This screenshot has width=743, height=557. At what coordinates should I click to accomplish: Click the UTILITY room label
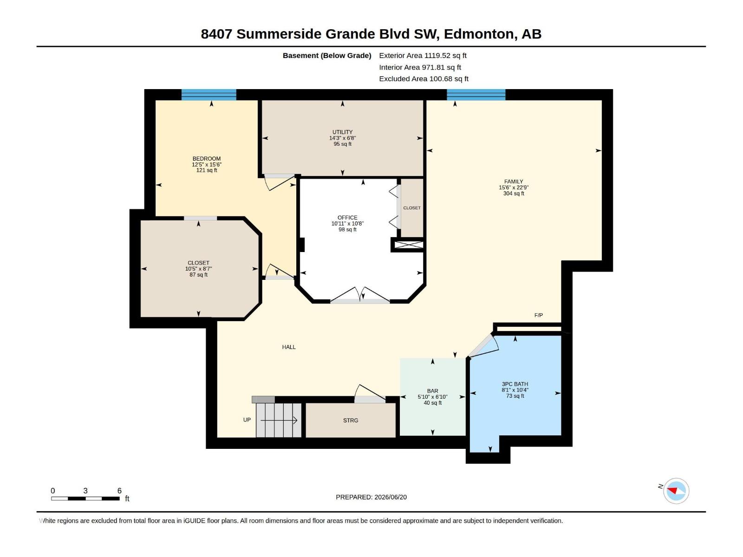[342, 132]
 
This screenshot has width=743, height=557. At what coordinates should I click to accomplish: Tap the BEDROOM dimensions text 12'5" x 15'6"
[207, 164]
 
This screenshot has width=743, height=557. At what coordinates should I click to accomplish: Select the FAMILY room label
[514, 181]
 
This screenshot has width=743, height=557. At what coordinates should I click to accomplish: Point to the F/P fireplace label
[539, 315]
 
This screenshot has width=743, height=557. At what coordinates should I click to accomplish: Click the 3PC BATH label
[515, 384]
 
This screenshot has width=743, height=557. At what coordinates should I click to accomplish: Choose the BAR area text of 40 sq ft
[433, 403]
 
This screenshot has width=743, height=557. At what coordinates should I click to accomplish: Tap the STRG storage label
[350, 421]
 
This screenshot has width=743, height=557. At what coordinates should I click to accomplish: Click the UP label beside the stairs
[247, 420]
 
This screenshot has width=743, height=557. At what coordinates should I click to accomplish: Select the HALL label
[289, 347]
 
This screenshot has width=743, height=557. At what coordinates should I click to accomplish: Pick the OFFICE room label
[347, 217]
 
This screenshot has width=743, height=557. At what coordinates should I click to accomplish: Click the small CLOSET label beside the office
[412, 207]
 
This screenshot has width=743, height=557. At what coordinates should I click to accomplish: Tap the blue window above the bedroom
[209, 95]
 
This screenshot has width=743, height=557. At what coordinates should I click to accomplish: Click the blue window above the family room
[476, 95]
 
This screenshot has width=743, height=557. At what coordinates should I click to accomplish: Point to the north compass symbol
[676, 491]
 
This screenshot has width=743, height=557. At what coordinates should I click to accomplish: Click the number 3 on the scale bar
[85, 490]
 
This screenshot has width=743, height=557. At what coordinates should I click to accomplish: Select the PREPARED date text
[371, 497]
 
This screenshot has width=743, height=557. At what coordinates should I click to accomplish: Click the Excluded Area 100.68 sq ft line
[424, 79]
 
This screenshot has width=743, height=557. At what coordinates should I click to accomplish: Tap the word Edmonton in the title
[481, 34]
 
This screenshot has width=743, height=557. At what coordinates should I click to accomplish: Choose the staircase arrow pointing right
[279, 421]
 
